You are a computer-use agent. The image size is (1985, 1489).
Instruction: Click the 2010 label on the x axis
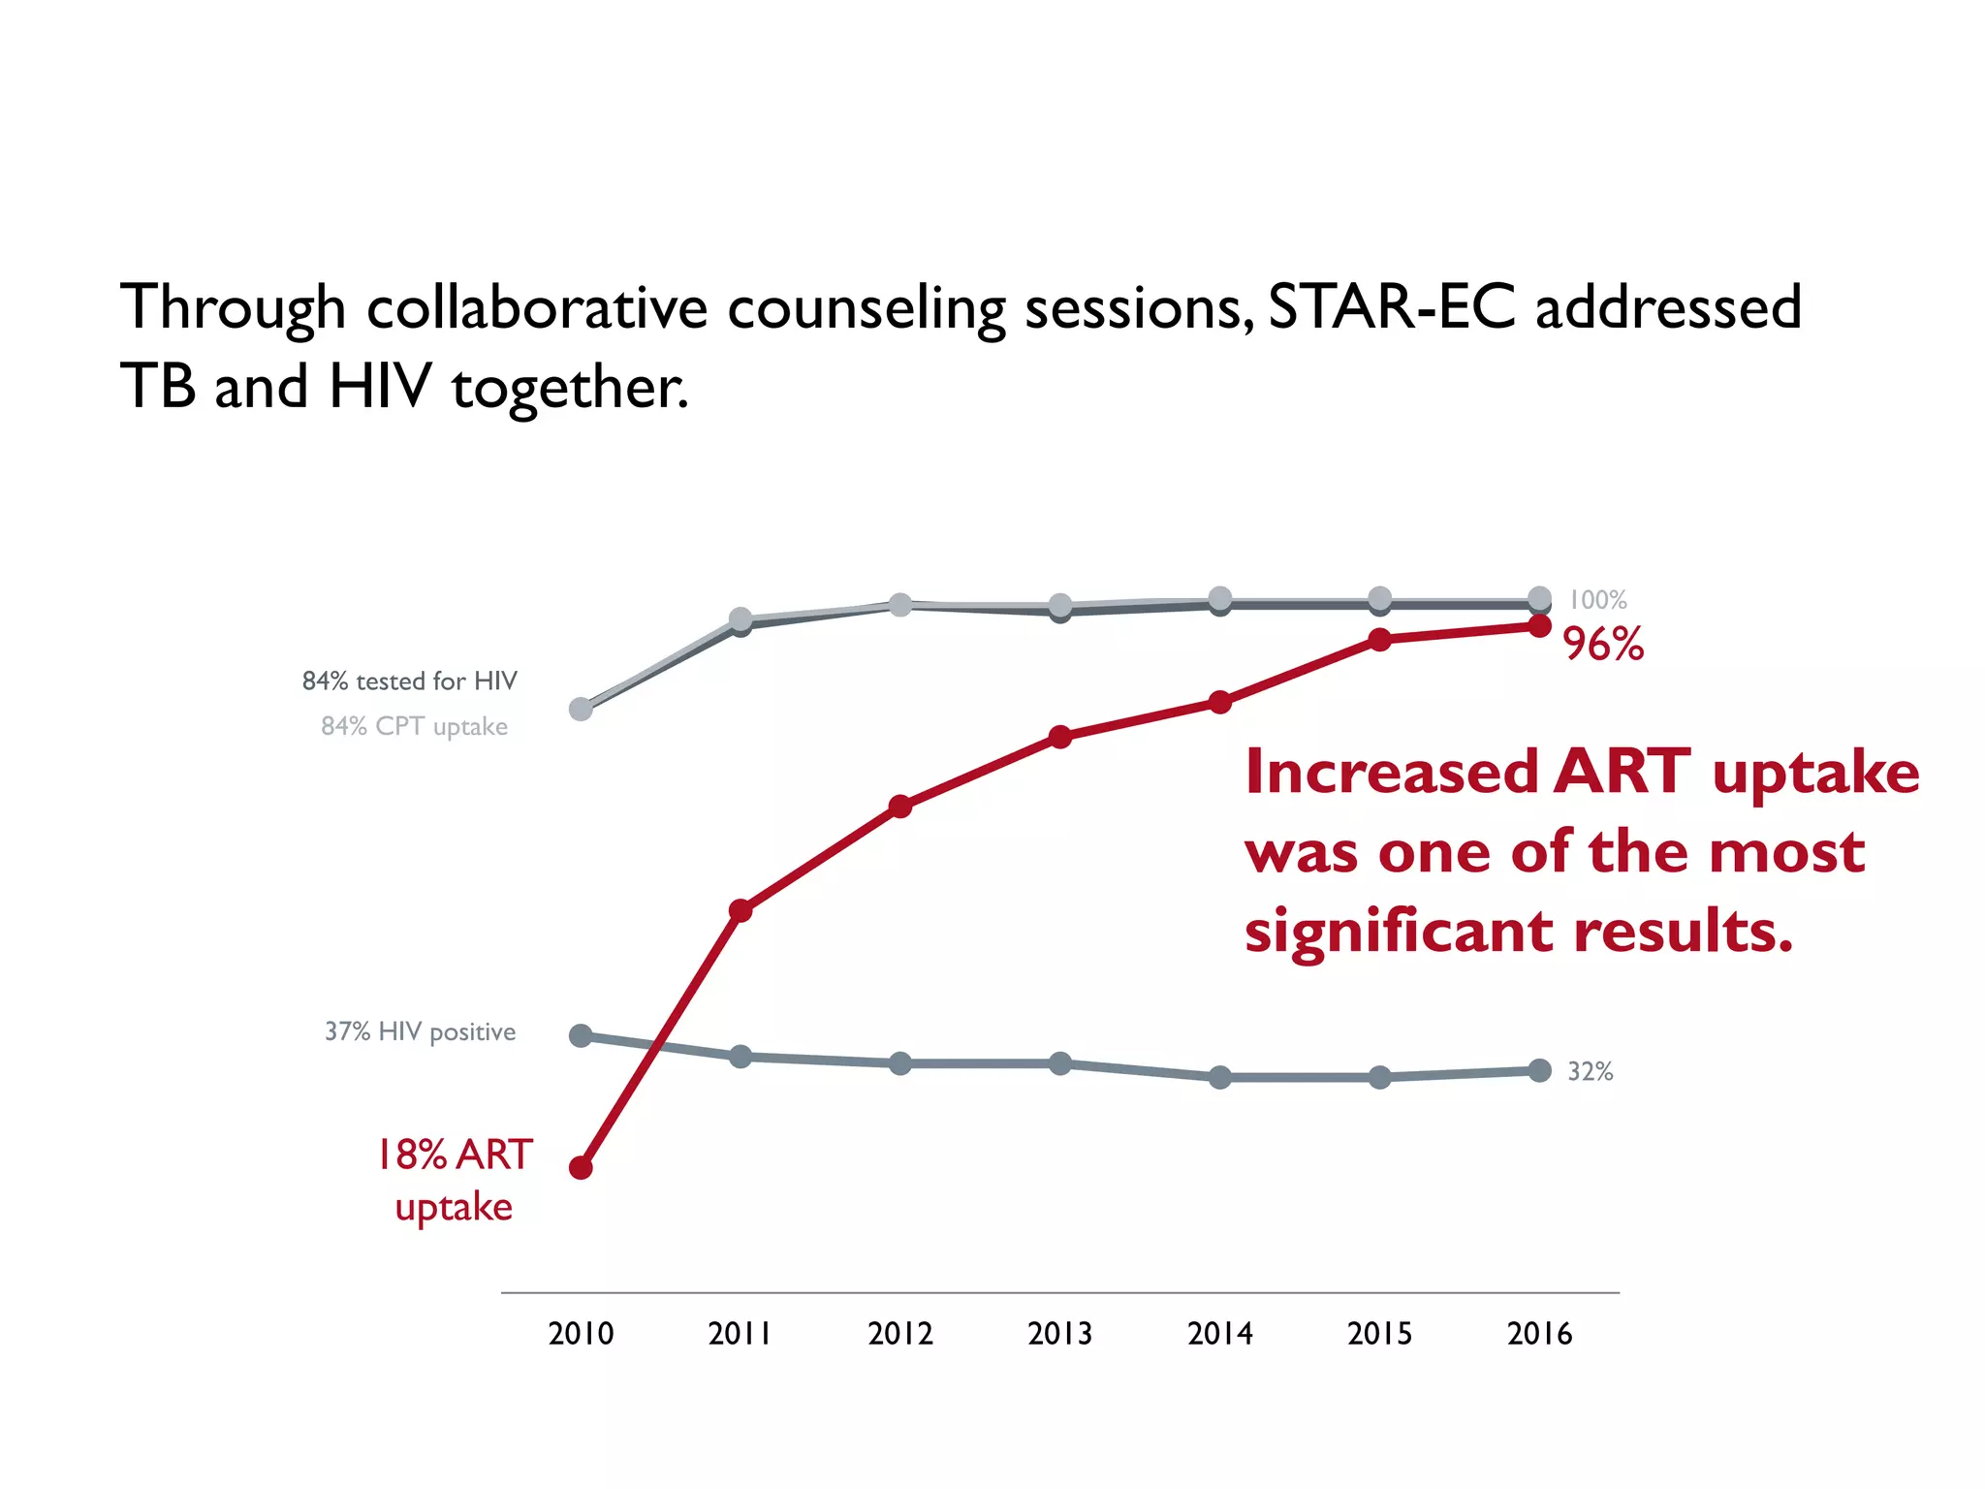point(581,1334)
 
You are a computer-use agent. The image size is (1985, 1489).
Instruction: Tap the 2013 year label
point(1059,1334)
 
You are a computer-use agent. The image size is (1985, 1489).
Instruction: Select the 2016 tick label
point(1539,1334)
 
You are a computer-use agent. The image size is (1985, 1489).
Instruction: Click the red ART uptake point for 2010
point(581,1167)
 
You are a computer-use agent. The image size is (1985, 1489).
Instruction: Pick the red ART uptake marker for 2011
point(740,910)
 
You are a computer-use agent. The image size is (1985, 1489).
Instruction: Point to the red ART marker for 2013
point(1060,737)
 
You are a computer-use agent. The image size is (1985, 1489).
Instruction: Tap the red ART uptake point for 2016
point(1539,626)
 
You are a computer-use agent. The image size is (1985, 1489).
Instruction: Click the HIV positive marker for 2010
point(581,1035)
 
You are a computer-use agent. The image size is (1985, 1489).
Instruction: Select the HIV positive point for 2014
point(1220,1077)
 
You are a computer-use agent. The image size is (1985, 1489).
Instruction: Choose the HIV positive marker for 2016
point(1539,1070)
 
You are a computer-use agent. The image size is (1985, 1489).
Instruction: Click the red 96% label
point(1603,645)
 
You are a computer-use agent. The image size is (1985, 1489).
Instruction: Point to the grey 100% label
point(1597,600)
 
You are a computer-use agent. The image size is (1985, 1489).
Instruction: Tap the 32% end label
point(1591,1071)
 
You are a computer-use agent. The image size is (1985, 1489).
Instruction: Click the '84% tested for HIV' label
point(409,681)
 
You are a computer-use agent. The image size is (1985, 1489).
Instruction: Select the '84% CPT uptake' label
point(414,726)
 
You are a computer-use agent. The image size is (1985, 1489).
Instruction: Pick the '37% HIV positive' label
point(420,1031)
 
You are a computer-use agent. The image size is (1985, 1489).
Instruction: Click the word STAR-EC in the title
point(1391,306)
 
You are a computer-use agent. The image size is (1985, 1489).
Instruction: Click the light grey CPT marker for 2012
point(900,605)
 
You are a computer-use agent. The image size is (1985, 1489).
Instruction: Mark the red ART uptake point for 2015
point(1380,639)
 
